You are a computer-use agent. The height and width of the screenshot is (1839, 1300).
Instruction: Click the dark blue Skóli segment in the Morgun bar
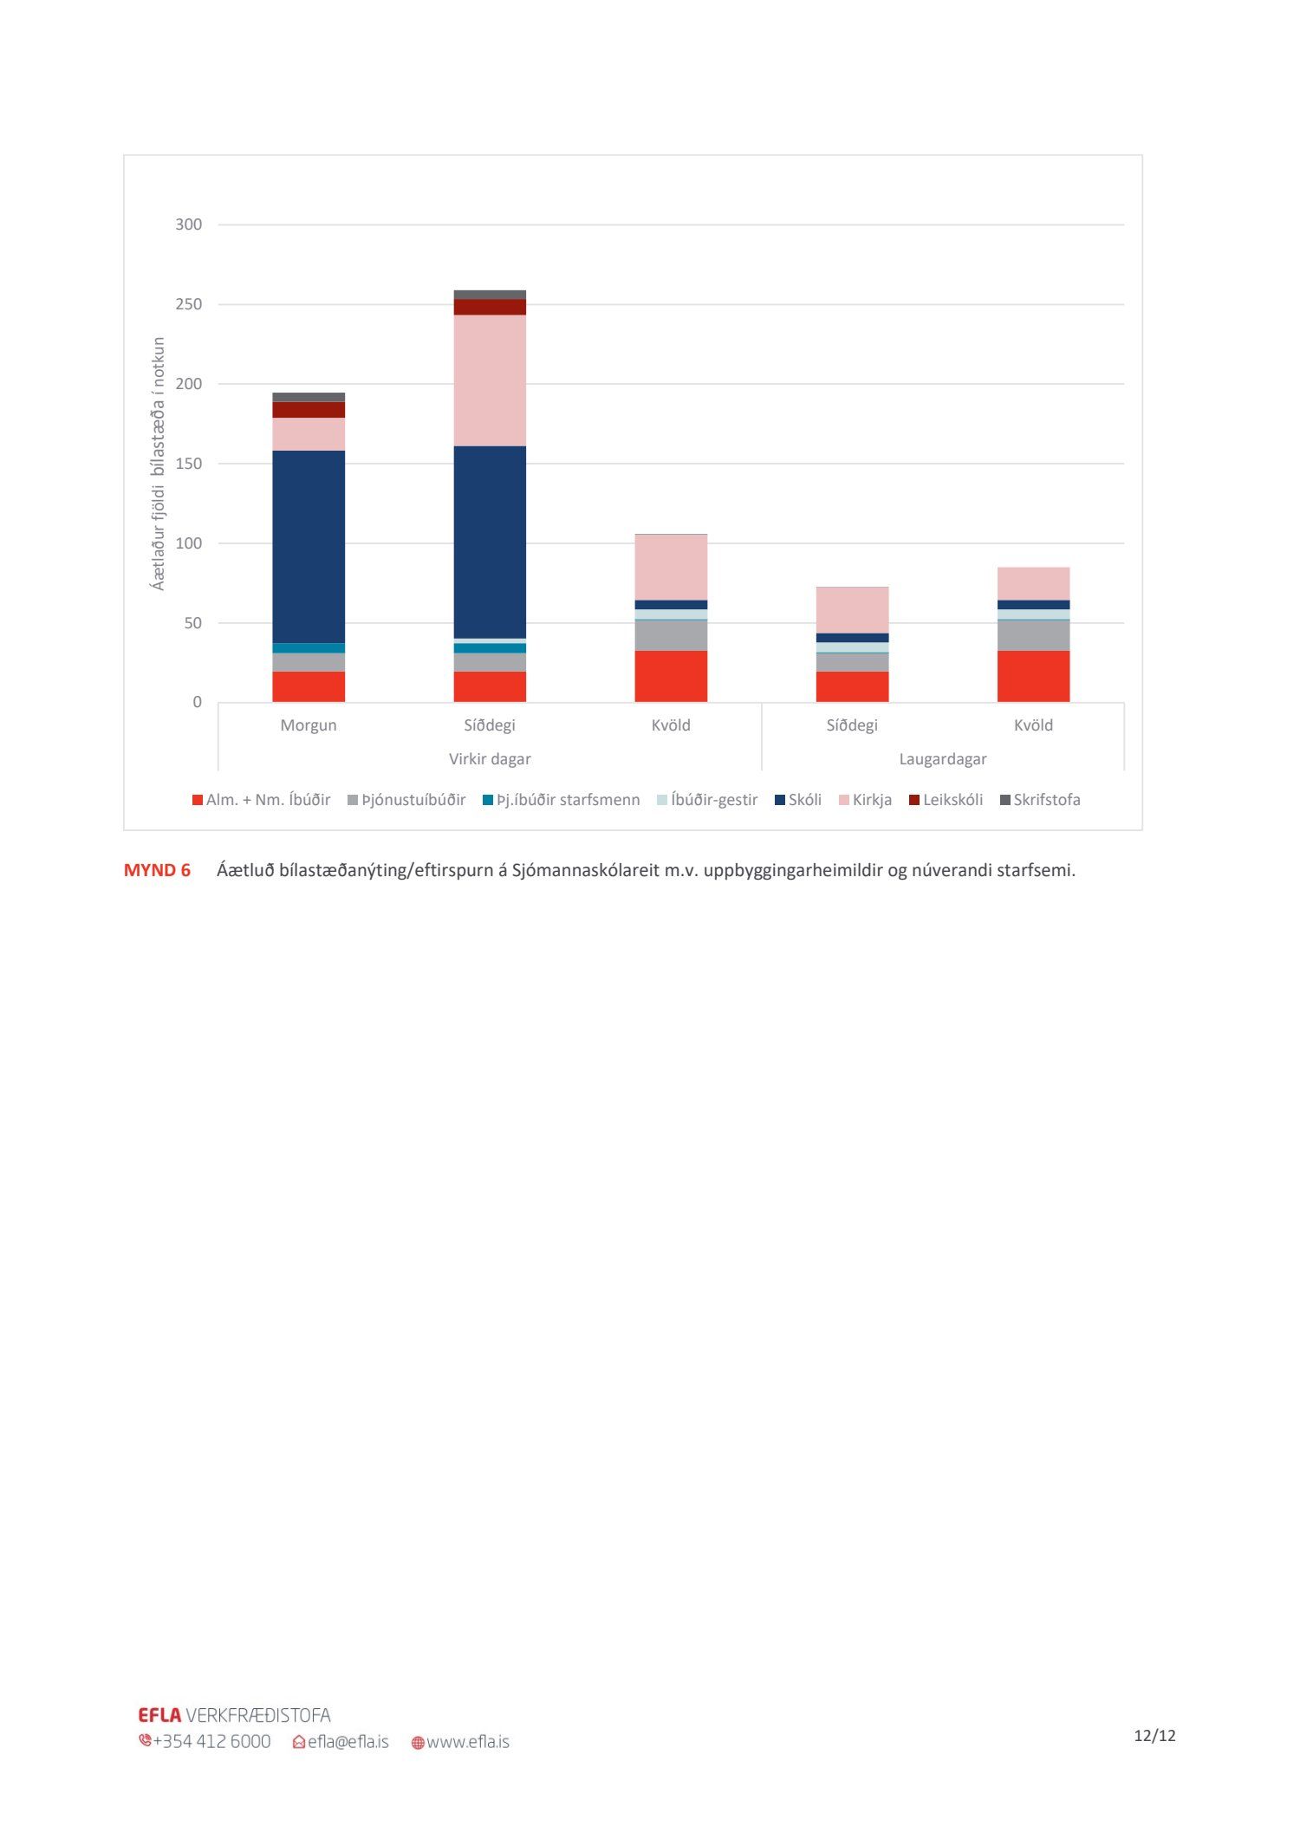[x=309, y=546]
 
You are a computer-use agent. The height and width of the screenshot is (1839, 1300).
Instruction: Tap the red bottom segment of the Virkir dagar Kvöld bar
[x=671, y=676]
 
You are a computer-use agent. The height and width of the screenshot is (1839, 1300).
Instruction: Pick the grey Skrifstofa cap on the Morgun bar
[x=309, y=398]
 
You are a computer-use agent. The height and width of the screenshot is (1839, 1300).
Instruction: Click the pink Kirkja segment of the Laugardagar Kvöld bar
[x=1033, y=583]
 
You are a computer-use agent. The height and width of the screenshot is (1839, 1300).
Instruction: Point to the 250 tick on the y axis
[x=188, y=304]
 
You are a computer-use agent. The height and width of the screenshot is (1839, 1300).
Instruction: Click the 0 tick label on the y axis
[x=197, y=702]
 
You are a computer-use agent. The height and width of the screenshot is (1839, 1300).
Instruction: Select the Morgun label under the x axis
[x=309, y=725]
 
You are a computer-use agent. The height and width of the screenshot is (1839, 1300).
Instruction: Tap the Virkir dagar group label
[x=490, y=759]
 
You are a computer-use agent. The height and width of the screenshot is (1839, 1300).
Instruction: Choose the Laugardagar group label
[x=943, y=759]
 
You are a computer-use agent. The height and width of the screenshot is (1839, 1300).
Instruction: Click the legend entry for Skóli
[x=798, y=800]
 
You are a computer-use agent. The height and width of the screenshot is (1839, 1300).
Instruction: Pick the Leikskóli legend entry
[x=946, y=800]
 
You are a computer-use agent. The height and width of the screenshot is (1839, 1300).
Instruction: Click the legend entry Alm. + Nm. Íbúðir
[x=261, y=800]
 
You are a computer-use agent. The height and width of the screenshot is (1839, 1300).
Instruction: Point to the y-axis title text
[x=158, y=464]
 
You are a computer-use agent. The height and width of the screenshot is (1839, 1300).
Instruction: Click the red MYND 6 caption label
[x=157, y=870]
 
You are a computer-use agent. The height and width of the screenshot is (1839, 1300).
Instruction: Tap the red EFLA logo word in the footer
[x=159, y=1715]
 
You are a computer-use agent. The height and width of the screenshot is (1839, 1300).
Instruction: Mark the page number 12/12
[x=1154, y=1735]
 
